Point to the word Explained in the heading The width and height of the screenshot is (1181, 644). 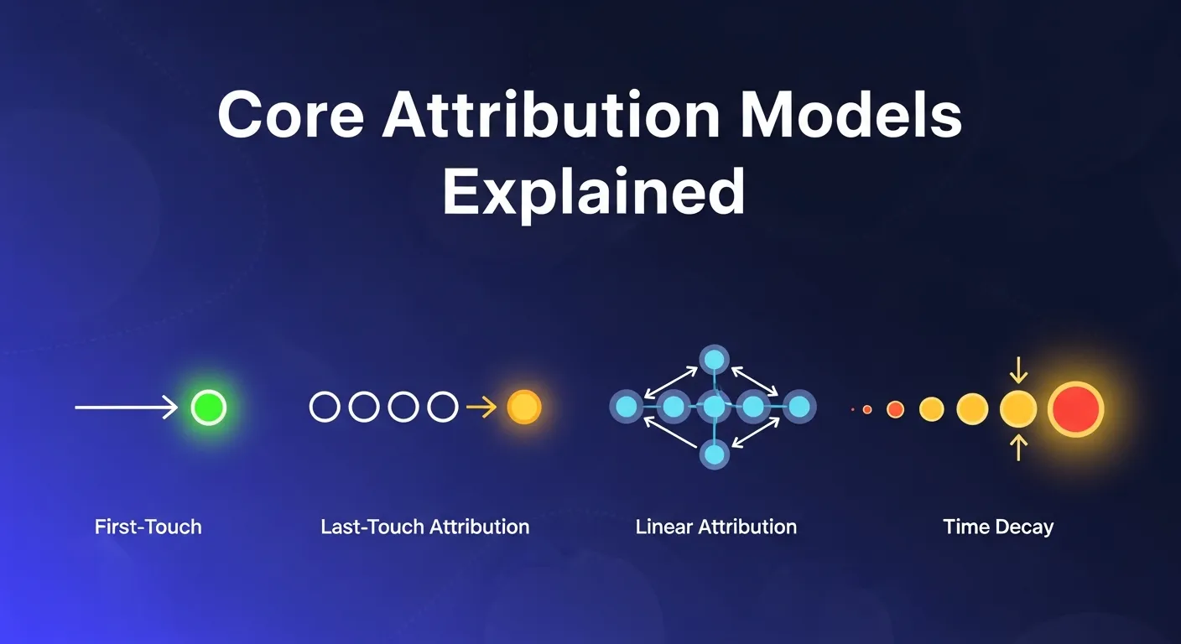coord(593,192)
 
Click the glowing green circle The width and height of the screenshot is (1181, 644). coord(208,408)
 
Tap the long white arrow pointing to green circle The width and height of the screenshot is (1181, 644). coord(126,408)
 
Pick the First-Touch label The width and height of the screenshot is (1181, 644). coord(148,527)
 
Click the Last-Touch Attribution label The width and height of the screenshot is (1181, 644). coord(424,527)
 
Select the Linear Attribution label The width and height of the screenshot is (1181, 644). coord(715,527)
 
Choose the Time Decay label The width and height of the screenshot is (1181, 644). coord(998,527)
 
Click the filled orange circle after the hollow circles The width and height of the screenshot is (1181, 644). coord(523,408)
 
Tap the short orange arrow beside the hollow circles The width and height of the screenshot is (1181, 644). coord(481,408)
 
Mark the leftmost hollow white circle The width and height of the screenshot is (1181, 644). coord(325,408)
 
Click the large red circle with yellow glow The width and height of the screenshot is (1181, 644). coord(1074,408)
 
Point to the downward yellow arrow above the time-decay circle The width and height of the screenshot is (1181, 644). coord(1018,370)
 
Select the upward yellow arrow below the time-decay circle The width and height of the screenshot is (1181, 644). coord(1018,447)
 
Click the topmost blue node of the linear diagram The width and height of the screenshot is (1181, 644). coord(714,360)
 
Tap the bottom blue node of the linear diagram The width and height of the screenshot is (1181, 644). coord(714,455)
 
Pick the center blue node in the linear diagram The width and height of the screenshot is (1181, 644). coord(714,408)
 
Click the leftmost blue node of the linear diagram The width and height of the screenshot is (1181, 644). coord(626,408)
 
